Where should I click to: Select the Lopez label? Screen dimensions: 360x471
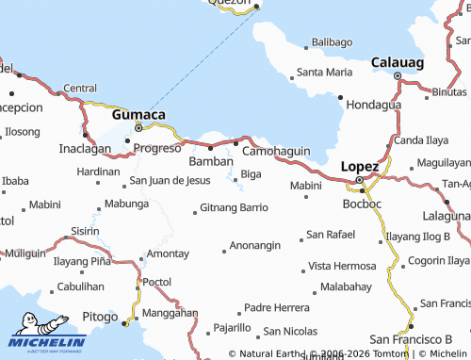pos(359,166)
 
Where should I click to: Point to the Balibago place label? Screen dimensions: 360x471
pos(332,42)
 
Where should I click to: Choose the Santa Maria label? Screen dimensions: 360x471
pos(324,72)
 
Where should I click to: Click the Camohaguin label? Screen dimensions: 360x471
pos(277,150)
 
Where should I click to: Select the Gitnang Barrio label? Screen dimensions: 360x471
pos(235,207)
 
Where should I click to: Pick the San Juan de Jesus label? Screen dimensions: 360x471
pos(170,179)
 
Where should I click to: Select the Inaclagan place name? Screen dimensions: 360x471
pos(85,148)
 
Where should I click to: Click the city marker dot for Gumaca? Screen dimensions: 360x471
pos(138,127)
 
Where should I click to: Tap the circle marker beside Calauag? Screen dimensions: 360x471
pos(398,75)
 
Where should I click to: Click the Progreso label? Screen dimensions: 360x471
pos(157,148)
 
